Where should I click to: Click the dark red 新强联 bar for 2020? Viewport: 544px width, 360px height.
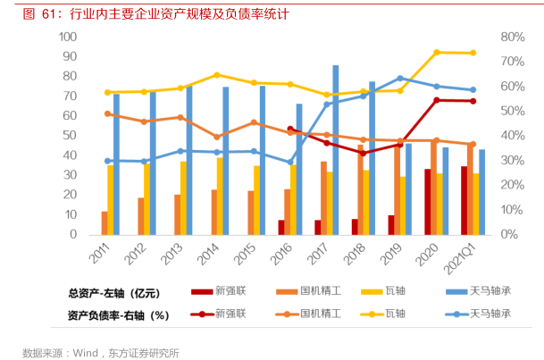coord(428,201)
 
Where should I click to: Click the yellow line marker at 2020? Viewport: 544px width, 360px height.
coord(436,53)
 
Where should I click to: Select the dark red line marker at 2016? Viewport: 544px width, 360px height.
coord(290,130)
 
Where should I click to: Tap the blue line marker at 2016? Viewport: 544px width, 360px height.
coord(290,163)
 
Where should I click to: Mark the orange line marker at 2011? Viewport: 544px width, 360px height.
coord(107,113)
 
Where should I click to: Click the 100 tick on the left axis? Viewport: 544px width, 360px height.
coord(67,37)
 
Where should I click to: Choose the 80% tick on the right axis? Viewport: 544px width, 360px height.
coord(512,37)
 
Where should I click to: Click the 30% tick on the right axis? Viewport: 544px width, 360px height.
coord(512,160)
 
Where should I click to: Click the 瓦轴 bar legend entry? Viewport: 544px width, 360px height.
coord(394,291)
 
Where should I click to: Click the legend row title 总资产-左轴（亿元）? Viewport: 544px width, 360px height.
coord(113,292)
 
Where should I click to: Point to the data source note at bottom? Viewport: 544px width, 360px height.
coord(101,352)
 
